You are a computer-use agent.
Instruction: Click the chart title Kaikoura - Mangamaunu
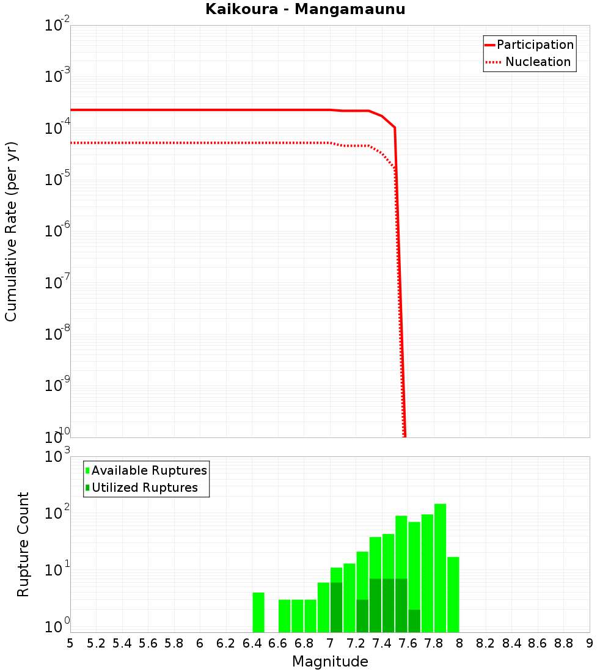[x=305, y=9]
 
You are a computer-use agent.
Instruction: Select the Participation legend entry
[x=535, y=45]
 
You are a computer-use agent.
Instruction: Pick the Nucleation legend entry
[x=538, y=62]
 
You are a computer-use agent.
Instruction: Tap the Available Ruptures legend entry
[x=149, y=470]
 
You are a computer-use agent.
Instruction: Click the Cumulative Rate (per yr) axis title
[x=11, y=231]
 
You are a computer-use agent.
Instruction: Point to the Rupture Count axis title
[x=23, y=544]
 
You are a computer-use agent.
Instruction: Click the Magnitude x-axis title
[x=330, y=661]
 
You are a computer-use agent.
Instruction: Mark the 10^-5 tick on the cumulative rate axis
[x=56, y=180]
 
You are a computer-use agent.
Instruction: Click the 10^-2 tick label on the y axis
[x=56, y=26]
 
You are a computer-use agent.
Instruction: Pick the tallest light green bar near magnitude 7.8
[x=440, y=568]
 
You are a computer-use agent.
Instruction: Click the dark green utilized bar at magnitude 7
[x=336, y=607]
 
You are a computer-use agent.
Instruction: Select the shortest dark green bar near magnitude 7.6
[x=414, y=621]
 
